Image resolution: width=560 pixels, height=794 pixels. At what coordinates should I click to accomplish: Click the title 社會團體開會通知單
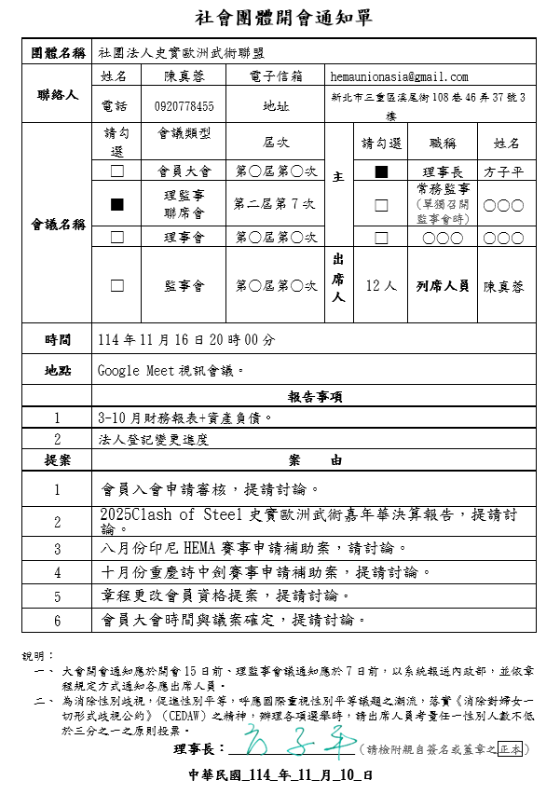(280, 18)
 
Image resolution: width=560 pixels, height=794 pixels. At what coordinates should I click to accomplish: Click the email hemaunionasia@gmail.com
(399, 76)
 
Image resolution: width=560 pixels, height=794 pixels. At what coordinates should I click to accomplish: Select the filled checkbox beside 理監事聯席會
(117, 204)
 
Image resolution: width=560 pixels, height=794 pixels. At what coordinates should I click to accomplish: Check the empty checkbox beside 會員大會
(117, 171)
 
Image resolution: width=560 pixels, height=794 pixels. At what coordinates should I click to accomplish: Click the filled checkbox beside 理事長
(381, 171)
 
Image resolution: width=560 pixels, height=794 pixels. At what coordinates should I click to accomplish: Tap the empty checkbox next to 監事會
(117, 285)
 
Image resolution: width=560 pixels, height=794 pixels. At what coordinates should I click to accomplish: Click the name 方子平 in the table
(503, 172)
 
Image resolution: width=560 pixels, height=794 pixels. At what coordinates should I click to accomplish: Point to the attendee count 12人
(381, 285)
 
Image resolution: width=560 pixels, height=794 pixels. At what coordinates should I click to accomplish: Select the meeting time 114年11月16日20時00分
(186, 340)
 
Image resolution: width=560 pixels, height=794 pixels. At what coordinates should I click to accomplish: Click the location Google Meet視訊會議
(171, 370)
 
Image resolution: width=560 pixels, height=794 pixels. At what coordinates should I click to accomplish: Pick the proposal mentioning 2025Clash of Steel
(307, 520)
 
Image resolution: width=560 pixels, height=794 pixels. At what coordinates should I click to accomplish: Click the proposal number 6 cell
(57, 620)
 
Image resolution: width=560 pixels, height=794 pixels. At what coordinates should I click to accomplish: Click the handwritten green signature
(294, 746)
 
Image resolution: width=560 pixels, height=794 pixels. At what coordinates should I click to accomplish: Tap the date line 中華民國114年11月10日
(280, 774)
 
